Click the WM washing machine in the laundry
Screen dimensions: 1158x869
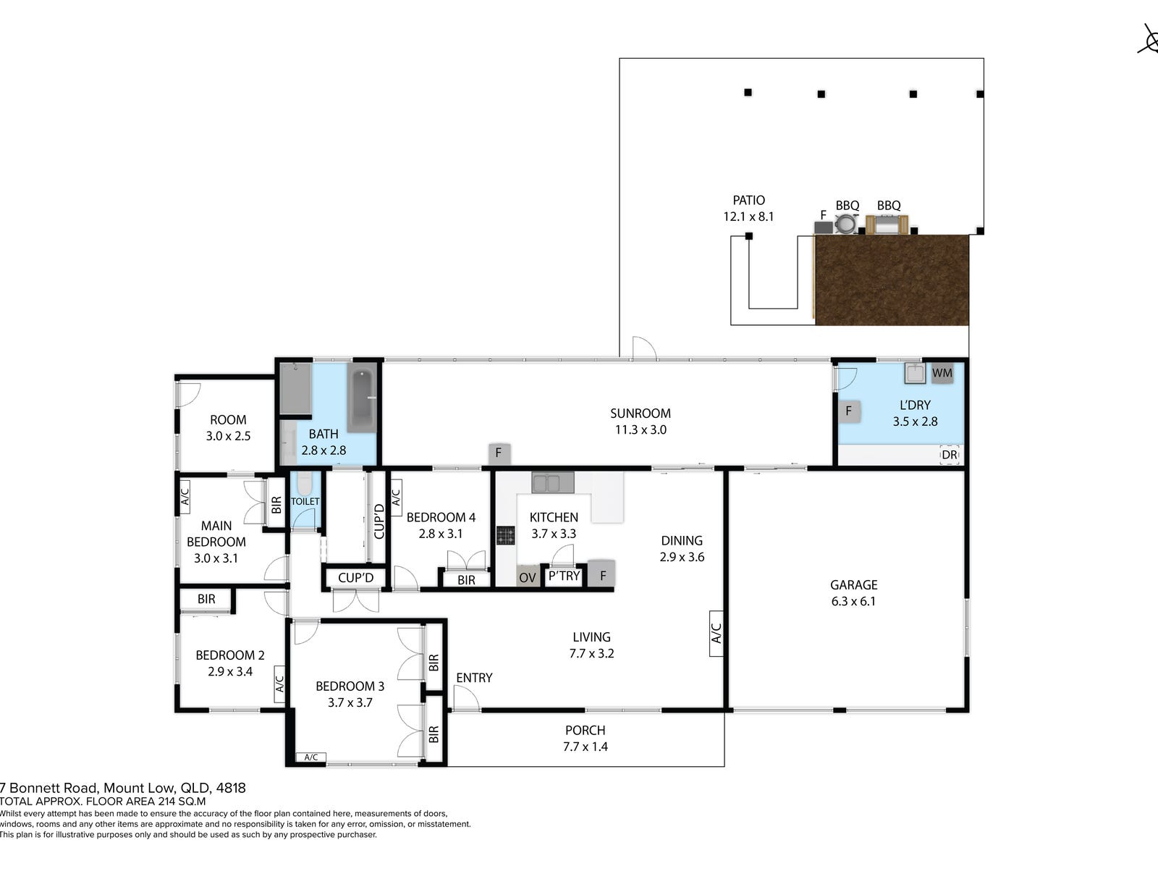tap(942, 373)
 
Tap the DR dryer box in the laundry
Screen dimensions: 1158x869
tap(949, 455)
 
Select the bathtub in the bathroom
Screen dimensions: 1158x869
tap(361, 398)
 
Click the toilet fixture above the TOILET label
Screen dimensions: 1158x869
tap(305, 483)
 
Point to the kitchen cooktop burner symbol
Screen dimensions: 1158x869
tap(505, 536)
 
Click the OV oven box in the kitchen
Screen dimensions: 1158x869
tap(527, 577)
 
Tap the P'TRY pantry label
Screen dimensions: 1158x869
tap(564, 576)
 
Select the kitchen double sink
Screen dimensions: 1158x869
tap(552, 482)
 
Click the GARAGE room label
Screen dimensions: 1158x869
tap(853, 584)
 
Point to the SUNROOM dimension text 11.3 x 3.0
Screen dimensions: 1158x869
tap(641, 429)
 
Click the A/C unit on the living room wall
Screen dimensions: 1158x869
tap(716, 634)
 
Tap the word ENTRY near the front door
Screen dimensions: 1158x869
tap(474, 678)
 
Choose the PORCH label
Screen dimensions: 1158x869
tap(585, 730)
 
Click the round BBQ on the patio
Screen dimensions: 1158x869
tap(846, 224)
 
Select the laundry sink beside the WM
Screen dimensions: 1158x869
tap(916, 372)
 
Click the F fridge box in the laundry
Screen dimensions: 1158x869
tap(849, 411)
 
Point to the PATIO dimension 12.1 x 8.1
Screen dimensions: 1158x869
tap(748, 217)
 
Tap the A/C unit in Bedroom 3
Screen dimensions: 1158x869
tap(310, 757)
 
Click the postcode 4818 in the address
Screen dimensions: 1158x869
tap(231, 789)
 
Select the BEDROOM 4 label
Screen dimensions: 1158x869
tap(441, 517)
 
